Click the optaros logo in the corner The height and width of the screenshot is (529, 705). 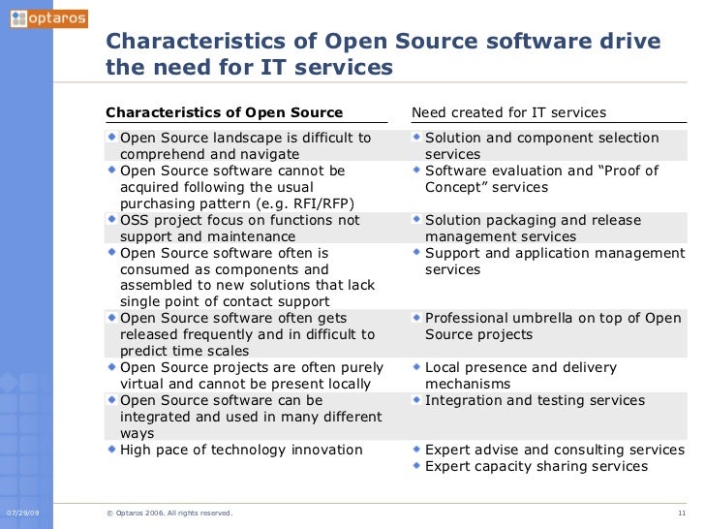[x=47, y=18]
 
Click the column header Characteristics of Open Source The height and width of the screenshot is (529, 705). [x=224, y=112]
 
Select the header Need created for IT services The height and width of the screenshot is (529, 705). [x=508, y=112]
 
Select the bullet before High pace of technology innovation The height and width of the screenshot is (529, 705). [x=112, y=449]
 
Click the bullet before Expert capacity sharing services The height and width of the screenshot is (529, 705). [x=417, y=465]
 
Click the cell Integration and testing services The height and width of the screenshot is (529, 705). [x=535, y=400]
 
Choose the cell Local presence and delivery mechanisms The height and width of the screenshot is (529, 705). [x=521, y=375]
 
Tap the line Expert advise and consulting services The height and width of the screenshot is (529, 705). [x=555, y=450]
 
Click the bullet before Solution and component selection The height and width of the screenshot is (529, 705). [x=417, y=138]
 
